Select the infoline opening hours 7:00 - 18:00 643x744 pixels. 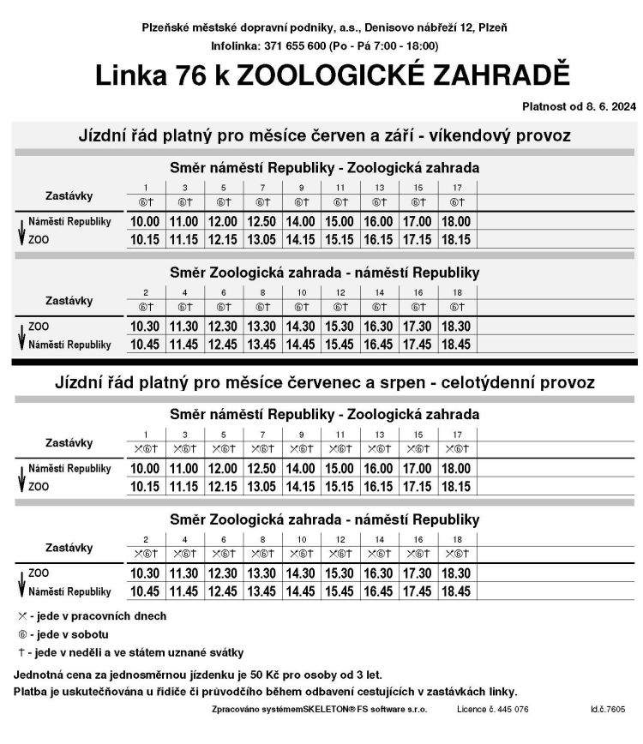(403, 45)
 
